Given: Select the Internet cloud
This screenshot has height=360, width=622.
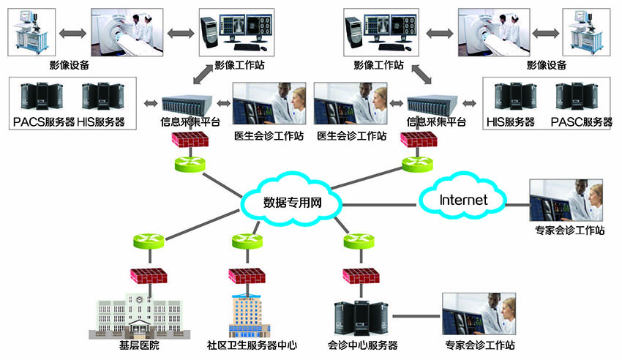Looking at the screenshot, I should click(462, 199).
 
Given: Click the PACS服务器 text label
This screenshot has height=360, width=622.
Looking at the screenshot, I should click(44, 121).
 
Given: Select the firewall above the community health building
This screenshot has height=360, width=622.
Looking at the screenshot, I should click(247, 275).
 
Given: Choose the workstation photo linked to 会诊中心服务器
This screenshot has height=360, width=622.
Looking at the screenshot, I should click(479, 314).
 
